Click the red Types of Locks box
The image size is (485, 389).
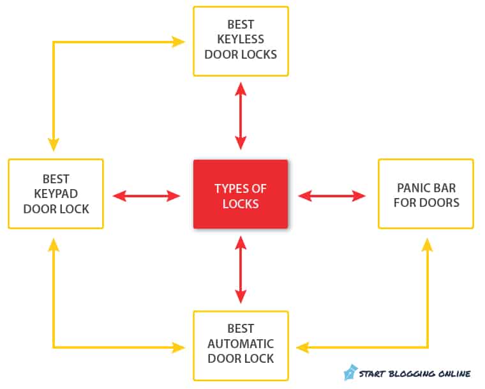(241, 194)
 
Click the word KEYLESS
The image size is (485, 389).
(241, 40)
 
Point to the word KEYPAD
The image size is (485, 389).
(56, 194)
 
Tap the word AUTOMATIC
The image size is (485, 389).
(241, 344)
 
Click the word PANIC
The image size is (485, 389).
(411, 188)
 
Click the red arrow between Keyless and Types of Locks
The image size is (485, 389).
(241, 116)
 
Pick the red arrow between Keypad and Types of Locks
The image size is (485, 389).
(146, 195)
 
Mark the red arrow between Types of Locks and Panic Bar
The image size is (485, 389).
(332, 195)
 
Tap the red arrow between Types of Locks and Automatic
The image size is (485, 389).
(241, 270)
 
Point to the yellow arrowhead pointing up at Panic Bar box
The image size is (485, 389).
(428, 245)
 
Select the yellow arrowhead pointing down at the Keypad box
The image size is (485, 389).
(54, 144)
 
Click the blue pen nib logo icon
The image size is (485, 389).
(350, 372)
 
